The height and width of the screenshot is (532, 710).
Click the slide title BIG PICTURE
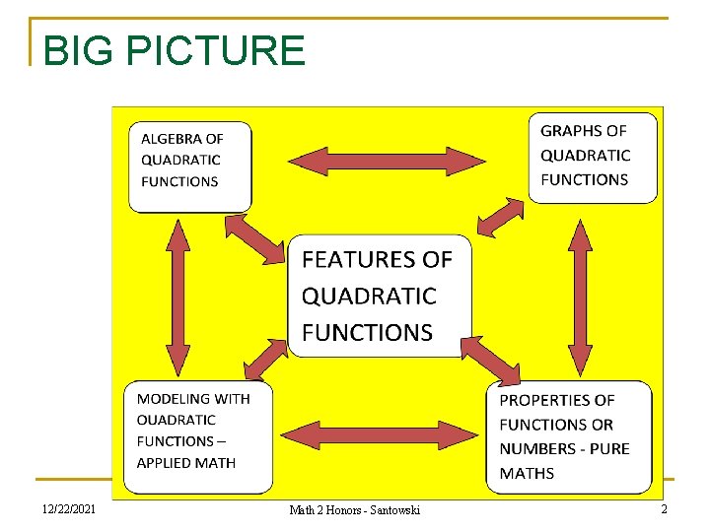(175, 50)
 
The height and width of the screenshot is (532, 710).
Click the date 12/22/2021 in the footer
(69, 508)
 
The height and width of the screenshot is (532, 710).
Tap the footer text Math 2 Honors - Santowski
(354, 509)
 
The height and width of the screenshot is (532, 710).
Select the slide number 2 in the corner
(664, 508)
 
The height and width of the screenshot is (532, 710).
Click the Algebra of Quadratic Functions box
(190, 165)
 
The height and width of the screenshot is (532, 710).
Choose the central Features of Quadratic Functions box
(380, 296)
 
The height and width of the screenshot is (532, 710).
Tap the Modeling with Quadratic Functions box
(197, 436)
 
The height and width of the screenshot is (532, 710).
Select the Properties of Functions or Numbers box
(569, 436)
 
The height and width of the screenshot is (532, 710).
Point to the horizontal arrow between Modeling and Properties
(379, 434)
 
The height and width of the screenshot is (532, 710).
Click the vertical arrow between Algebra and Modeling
(178, 297)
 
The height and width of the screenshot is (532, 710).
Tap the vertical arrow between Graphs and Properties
(581, 297)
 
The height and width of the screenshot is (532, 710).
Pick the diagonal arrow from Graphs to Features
(500, 217)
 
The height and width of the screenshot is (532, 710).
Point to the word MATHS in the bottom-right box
(527, 473)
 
